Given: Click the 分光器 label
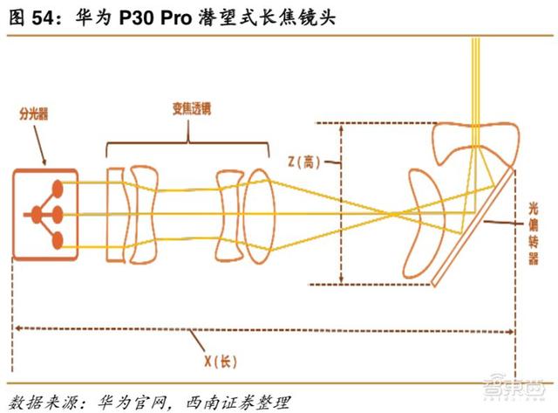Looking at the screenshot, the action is click(33, 114).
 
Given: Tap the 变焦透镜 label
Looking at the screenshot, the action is click(192, 108).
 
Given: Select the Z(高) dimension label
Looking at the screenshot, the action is click(303, 162).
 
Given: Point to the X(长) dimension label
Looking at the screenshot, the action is click(221, 361).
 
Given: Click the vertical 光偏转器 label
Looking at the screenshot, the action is click(533, 233).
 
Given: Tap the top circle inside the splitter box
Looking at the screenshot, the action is click(58, 189).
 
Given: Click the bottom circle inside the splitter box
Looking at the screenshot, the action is click(58, 240).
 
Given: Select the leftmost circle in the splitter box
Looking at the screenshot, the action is click(36, 215).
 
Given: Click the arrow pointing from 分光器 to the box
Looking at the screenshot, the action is click(39, 145).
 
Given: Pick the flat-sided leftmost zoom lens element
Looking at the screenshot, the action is click(116, 215).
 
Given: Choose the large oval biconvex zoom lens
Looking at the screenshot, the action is click(260, 216).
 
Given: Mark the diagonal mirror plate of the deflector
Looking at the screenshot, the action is click(473, 227).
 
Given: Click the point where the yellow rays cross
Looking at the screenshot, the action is click(392, 214).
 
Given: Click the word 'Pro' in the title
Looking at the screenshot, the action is click(176, 17).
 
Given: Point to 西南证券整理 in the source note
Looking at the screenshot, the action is click(238, 403).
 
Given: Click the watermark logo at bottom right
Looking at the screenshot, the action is click(514, 386).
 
